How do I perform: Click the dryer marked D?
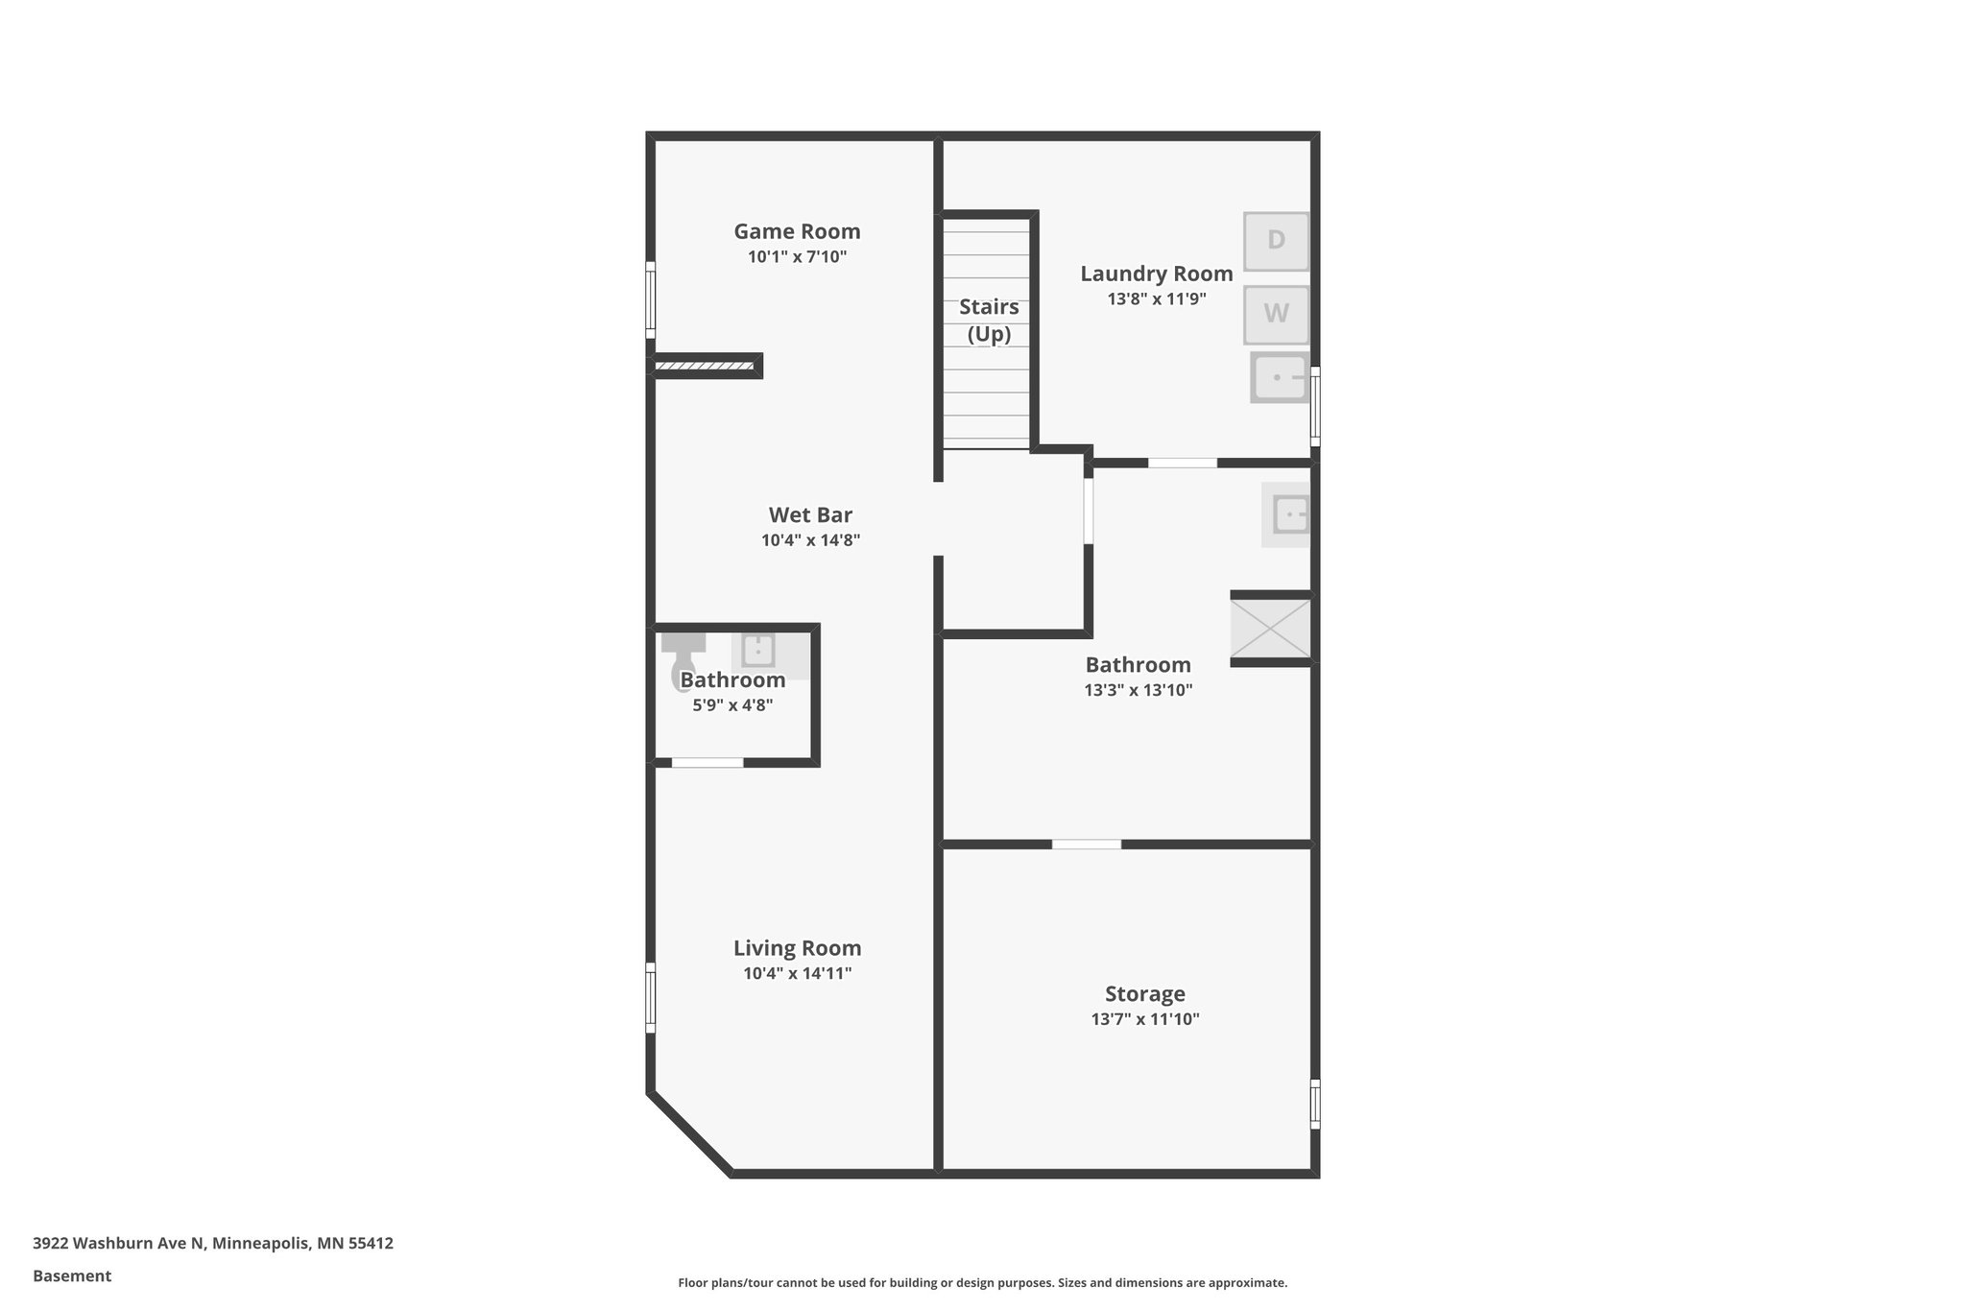[x=1276, y=241]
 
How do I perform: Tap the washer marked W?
[x=1276, y=314]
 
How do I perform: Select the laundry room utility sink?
[x=1281, y=377]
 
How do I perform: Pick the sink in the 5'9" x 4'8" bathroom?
[x=758, y=651]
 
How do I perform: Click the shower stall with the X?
[x=1270, y=629]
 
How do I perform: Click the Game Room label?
[x=797, y=231]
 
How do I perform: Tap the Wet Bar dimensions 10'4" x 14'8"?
[x=810, y=540]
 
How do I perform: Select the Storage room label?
[x=1144, y=993]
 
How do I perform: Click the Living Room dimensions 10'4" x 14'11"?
[x=797, y=973]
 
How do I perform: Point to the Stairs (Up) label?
[x=989, y=320]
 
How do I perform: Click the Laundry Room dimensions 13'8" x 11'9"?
[x=1156, y=298]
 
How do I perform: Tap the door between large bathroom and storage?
[x=1086, y=845]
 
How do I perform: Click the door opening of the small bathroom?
[x=707, y=763]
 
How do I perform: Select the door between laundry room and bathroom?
[x=1182, y=463]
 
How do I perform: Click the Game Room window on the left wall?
[x=650, y=299]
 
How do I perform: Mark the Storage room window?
[x=1315, y=1104]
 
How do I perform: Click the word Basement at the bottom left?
[x=72, y=1276]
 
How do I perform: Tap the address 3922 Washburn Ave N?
[x=119, y=1244]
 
